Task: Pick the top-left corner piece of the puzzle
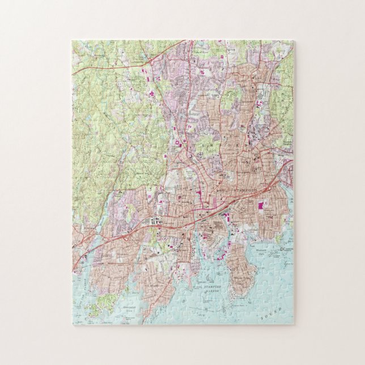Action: tap(79, 46)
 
